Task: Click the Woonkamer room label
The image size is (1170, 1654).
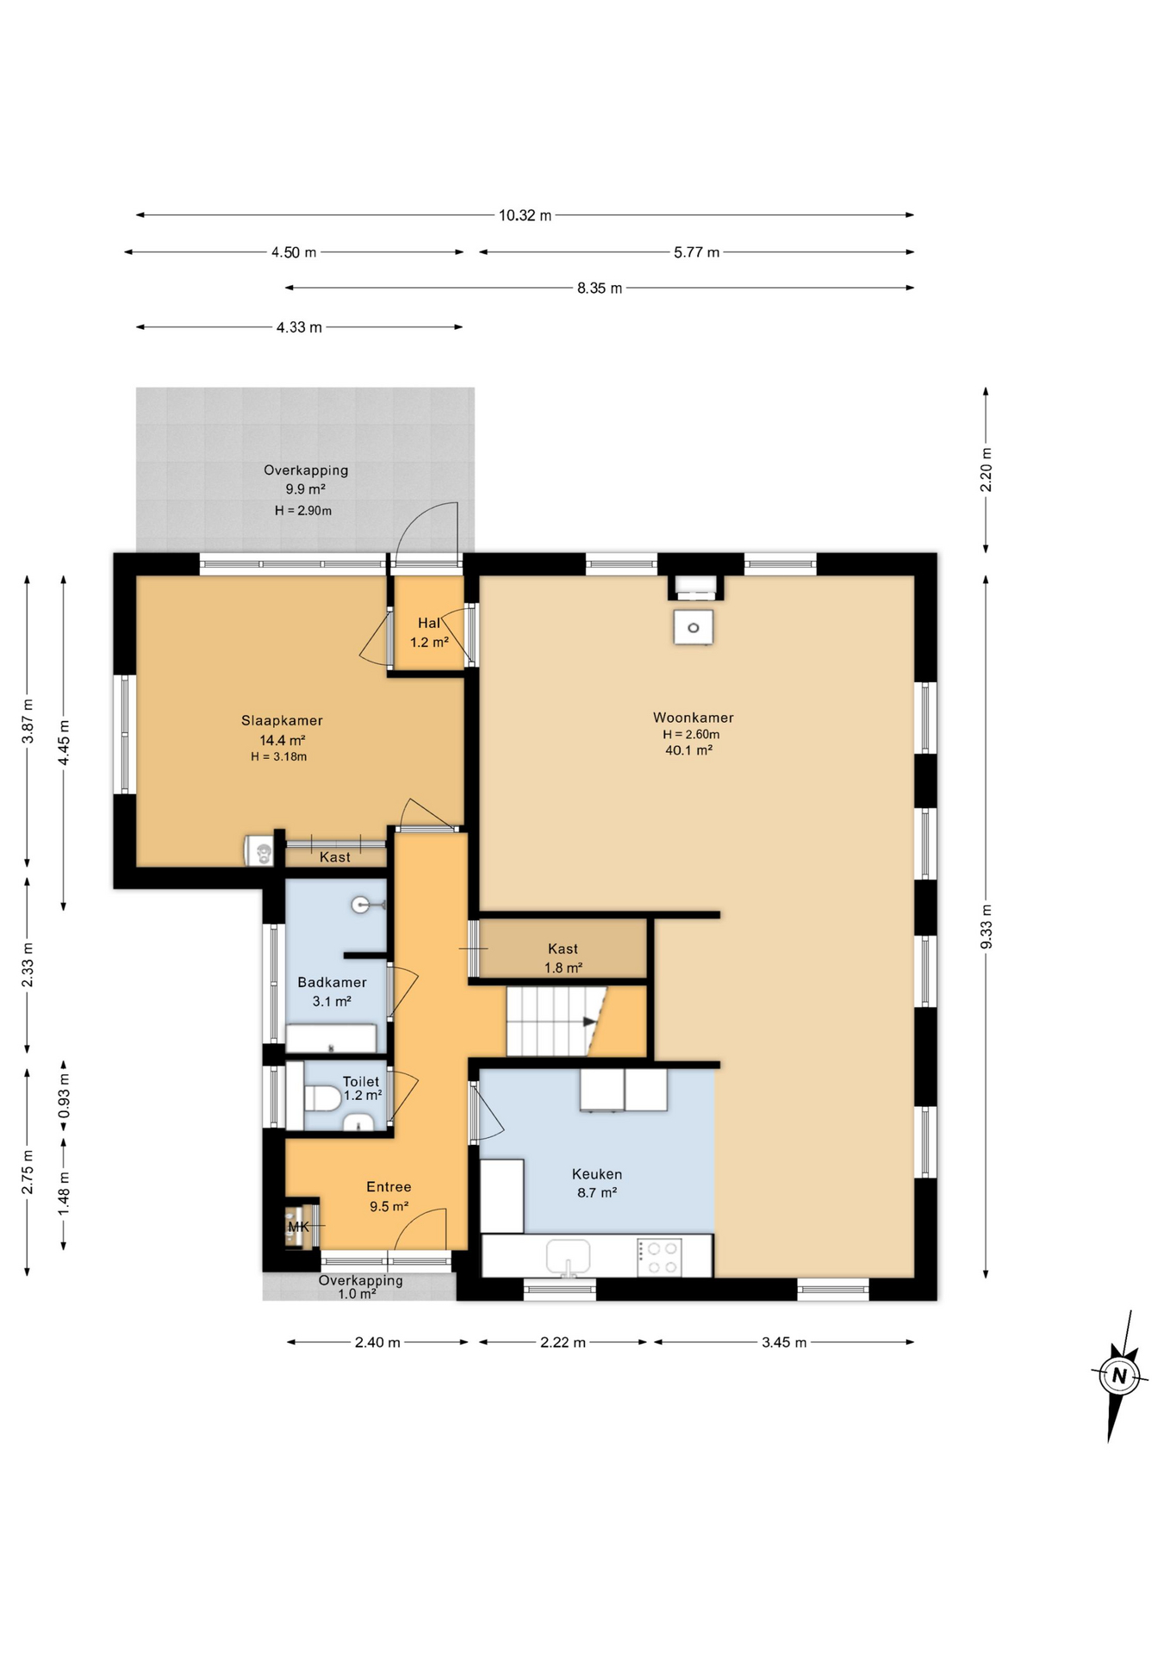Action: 693,718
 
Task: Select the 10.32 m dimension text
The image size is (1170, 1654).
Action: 525,215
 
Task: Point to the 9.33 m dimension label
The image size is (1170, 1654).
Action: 986,927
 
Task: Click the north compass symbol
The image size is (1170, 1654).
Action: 1118,1376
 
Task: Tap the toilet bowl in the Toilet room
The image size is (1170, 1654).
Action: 321,1098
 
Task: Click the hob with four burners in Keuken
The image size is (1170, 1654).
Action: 659,1257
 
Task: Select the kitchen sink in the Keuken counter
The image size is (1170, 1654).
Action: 568,1256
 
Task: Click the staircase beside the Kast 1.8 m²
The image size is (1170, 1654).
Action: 551,1022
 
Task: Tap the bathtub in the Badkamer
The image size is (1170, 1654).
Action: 330,1038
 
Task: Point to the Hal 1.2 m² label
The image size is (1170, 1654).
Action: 429,632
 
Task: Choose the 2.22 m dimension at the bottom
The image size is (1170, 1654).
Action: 563,1342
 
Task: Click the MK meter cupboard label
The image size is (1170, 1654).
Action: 298,1227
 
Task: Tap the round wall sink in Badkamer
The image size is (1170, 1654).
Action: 363,905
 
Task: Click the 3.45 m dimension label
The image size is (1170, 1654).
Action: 784,1342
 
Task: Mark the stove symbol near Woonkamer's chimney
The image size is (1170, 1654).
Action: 693,628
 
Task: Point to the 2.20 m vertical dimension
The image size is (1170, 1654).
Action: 986,470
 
